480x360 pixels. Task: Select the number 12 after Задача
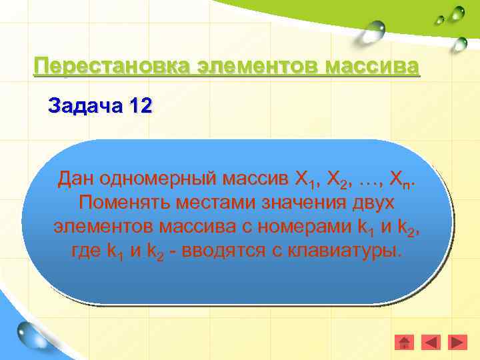(141, 106)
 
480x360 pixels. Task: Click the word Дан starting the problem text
(75, 178)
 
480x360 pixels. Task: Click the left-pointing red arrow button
(431, 342)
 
